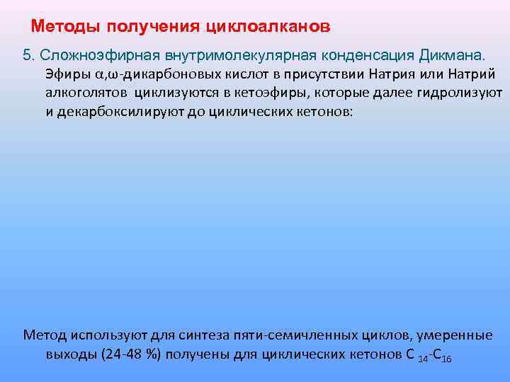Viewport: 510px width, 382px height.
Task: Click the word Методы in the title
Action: click(67, 27)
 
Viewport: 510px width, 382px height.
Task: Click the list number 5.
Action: click(29, 54)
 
